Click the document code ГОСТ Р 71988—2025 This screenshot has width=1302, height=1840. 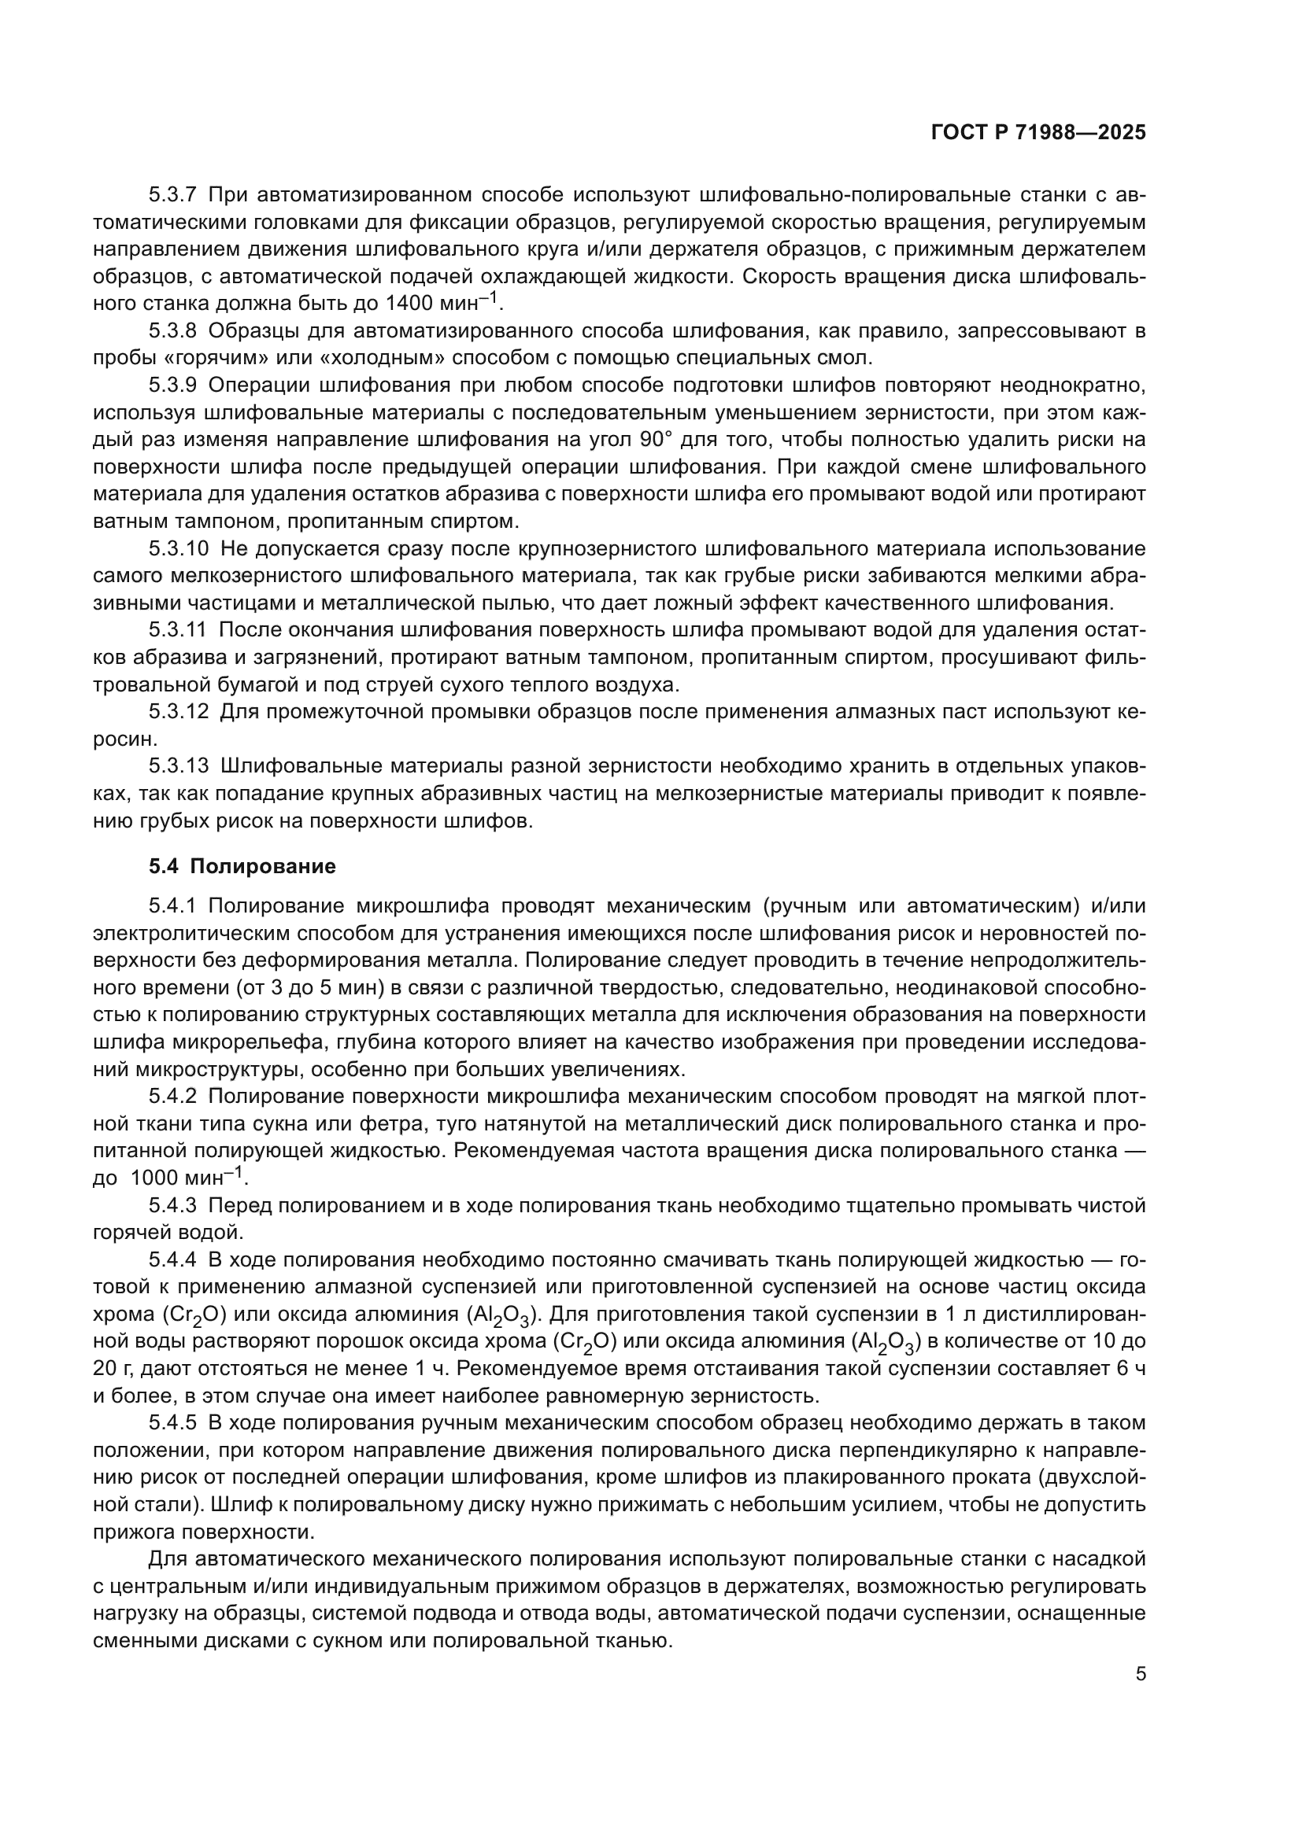tap(1038, 133)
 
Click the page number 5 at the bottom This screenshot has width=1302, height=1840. tap(1140, 1674)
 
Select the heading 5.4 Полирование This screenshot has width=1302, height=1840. tap(242, 866)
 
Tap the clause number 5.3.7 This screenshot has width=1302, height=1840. tap(172, 195)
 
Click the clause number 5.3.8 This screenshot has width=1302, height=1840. tap(172, 330)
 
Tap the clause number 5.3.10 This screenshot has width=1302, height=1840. tap(178, 548)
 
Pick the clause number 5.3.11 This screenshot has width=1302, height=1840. tap(177, 630)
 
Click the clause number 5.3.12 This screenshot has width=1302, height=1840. tap(178, 712)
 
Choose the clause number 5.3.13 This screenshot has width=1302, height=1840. tap(178, 766)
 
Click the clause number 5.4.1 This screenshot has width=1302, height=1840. tap(172, 905)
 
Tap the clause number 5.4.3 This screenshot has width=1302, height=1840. tap(172, 1205)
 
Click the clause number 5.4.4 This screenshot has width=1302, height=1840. tap(172, 1259)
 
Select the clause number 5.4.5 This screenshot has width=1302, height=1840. tap(172, 1422)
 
